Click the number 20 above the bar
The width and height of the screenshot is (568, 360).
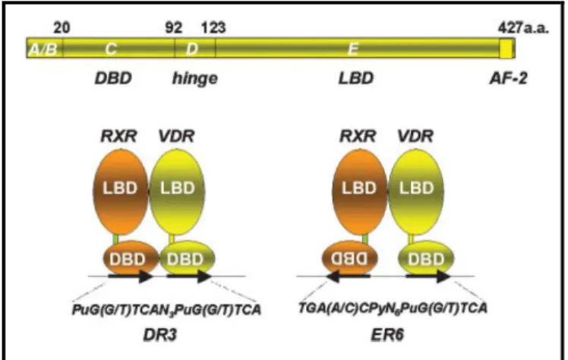pyautogui.click(x=62, y=27)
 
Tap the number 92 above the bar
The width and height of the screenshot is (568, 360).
pyautogui.click(x=174, y=27)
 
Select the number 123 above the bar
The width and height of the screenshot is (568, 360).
pyautogui.click(x=213, y=27)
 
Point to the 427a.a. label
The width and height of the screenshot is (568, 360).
pyautogui.click(x=523, y=27)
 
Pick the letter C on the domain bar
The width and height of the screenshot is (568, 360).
pyautogui.click(x=111, y=49)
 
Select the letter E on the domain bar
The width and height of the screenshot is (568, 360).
pyautogui.click(x=353, y=49)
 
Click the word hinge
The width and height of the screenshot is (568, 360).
pyautogui.click(x=195, y=78)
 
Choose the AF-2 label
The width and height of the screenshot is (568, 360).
pyautogui.click(x=509, y=78)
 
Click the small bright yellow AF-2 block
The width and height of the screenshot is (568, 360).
pyautogui.click(x=506, y=49)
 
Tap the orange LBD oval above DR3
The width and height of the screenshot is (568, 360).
pyautogui.click(x=121, y=191)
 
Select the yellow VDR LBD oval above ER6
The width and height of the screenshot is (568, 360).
pyautogui.click(x=416, y=191)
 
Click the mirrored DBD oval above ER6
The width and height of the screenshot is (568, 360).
pyautogui.click(x=349, y=258)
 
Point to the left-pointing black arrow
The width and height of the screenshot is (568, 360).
pyautogui.click(x=348, y=276)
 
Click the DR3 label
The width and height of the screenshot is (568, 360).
pyautogui.click(x=160, y=335)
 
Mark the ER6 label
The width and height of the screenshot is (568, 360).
pyautogui.click(x=387, y=335)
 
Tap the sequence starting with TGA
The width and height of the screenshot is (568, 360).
pyautogui.click(x=393, y=308)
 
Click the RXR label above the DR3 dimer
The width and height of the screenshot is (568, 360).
pyautogui.click(x=118, y=136)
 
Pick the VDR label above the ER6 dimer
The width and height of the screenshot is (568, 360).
pyautogui.click(x=415, y=136)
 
